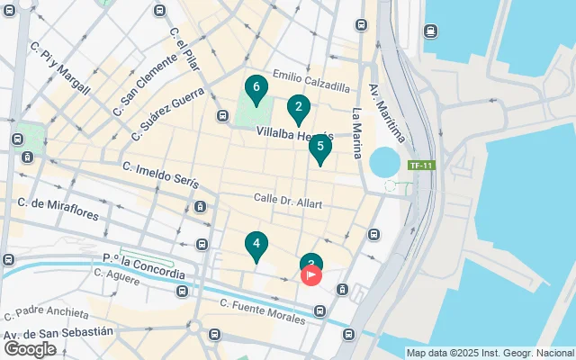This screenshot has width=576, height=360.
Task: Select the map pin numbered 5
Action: pyautogui.click(x=320, y=148)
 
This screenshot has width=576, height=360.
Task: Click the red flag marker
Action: pyautogui.click(x=311, y=274)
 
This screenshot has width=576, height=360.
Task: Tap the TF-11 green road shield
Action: pyautogui.click(x=420, y=166)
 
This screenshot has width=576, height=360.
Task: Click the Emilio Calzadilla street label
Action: pyautogui.click(x=310, y=86)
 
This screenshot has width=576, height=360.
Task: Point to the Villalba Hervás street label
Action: pyautogui.click(x=294, y=134)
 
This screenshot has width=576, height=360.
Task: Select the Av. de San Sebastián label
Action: pyautogui.click(x=58, y=334)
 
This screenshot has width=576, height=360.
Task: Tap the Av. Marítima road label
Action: pyautogui.click(x=387, y=112)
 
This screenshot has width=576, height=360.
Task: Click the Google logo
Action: pyautogui.click(x=30, y=349)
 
